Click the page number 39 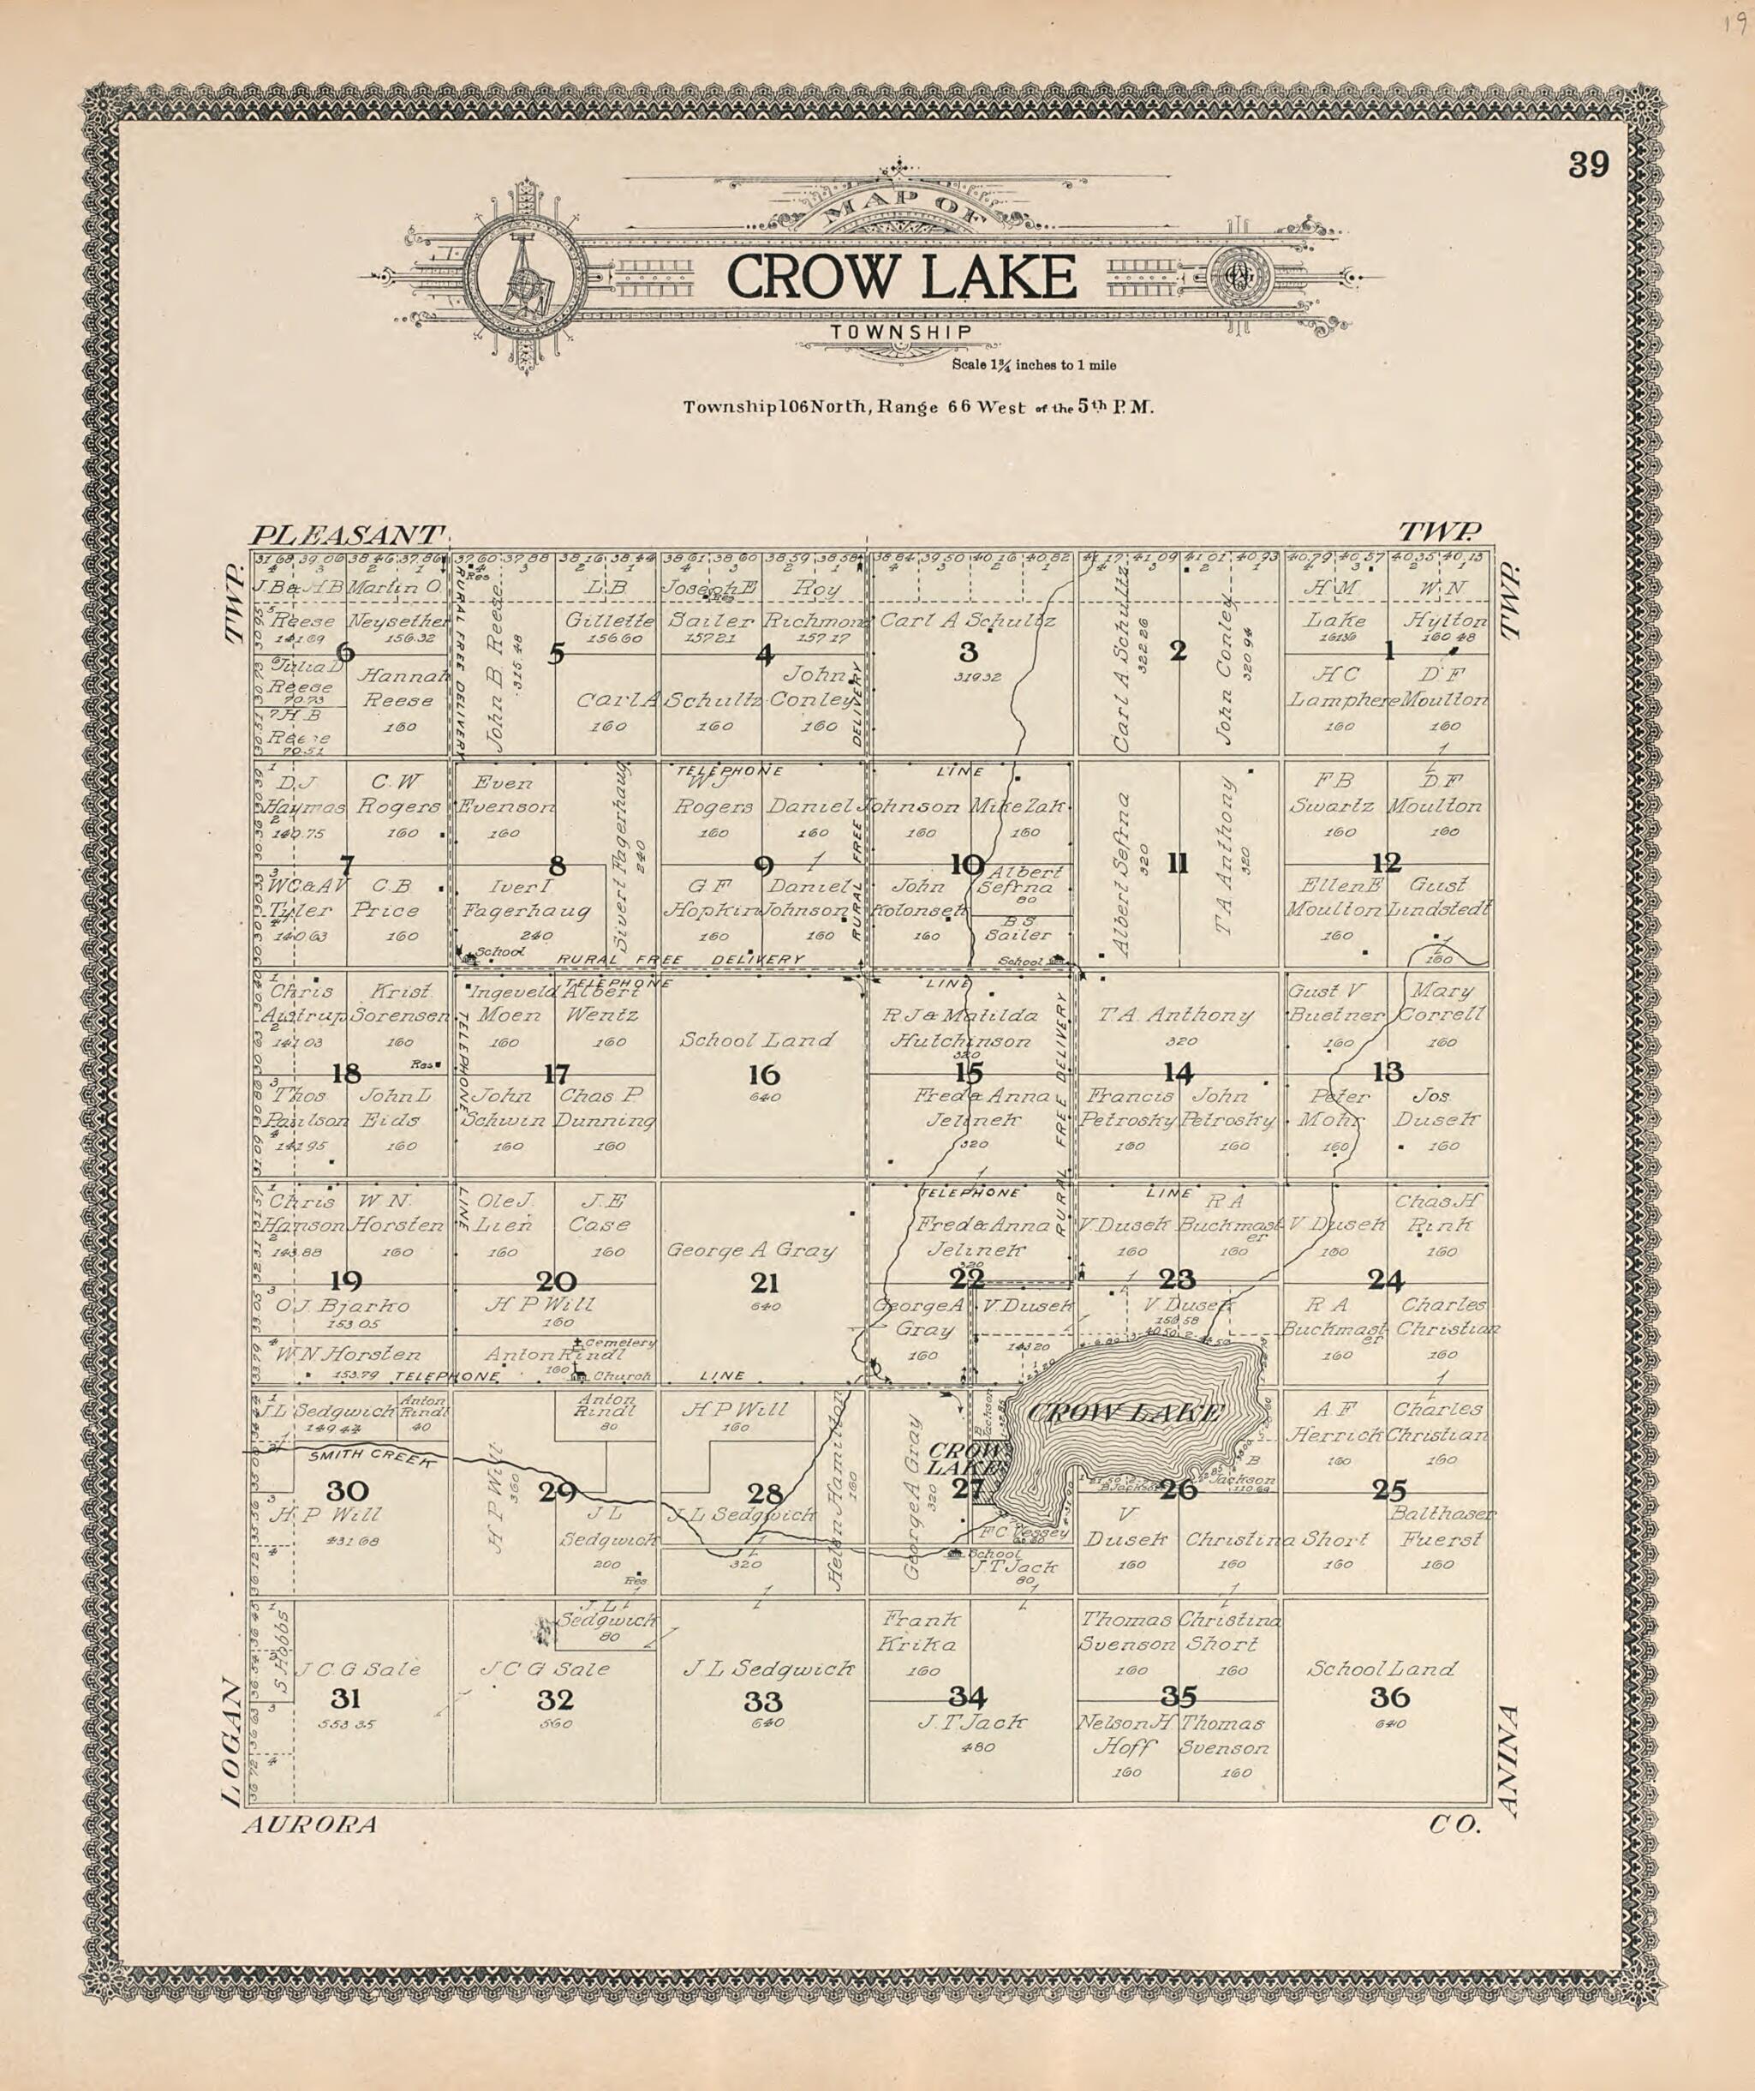[1588, 165]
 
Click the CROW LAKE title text [901, 278]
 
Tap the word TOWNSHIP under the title [902, 333]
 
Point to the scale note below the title [1033, 365]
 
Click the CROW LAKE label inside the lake [1123, 1412]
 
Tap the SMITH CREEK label [370, 1457]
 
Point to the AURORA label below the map [309, 1825]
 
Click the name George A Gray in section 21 [751, 1250]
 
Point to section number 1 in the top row [1388, 652]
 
